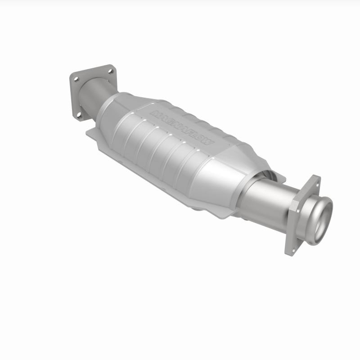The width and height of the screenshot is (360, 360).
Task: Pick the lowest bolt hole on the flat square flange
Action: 80,115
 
